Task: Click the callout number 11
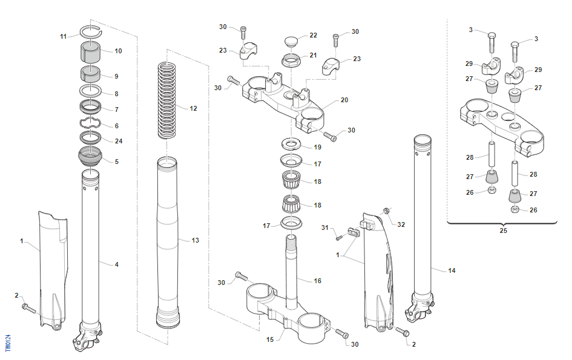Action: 64,36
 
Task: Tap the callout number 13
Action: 195,240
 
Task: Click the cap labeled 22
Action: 291,42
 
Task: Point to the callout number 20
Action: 344,100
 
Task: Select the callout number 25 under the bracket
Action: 504,231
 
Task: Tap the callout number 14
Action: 452,270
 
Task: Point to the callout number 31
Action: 324,227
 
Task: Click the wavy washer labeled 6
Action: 91,124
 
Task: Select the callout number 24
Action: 119,141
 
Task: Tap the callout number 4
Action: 117,264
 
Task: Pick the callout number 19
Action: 317,147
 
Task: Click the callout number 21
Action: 313,55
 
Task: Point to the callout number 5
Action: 117,162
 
